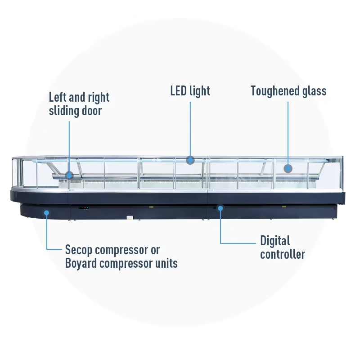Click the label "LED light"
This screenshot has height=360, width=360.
pos(190,91)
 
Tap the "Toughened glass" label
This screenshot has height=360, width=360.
pos(288,91)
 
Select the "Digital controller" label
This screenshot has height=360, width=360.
pos(282,247)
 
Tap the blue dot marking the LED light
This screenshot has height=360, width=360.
pos(190,159)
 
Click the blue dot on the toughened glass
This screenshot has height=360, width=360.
pos(288,168)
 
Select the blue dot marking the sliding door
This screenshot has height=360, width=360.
pos(69,175)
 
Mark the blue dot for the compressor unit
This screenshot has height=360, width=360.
pos(46,212)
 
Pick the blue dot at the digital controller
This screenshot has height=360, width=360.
pos(220,208)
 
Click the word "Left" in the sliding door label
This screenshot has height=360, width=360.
pos(57,97)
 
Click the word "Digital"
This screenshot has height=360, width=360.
pos(275,241)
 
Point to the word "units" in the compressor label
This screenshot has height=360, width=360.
pos(166,263)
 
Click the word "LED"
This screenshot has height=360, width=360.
pos(179,91)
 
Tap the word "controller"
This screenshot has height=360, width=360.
pos(282,254)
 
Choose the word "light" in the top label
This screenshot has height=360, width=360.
pos(200,91)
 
